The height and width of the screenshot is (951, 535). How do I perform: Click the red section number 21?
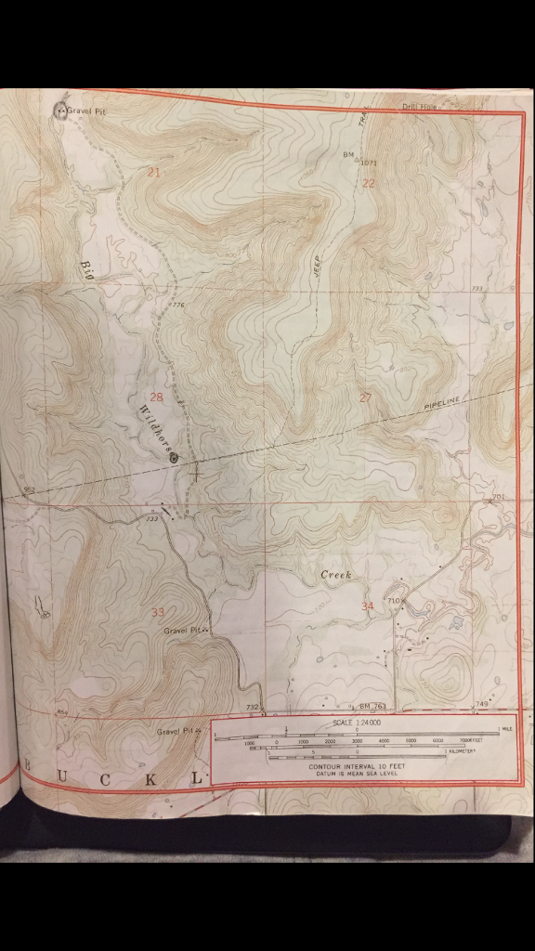[153, 172]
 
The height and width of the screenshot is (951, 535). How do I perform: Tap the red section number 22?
[369, 183]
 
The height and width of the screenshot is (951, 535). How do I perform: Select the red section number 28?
[156, 397]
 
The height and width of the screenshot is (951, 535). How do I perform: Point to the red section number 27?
[365, 397]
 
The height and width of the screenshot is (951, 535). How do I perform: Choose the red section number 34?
[368, 606]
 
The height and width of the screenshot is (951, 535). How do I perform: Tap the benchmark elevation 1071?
[369, 163]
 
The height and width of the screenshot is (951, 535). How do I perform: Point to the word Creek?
[336, 576]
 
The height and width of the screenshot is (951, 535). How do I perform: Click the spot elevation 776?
[177, 306]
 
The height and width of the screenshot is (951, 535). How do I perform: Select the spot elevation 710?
[394, 602]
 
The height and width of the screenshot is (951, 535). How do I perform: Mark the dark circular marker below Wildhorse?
[174, 456]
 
